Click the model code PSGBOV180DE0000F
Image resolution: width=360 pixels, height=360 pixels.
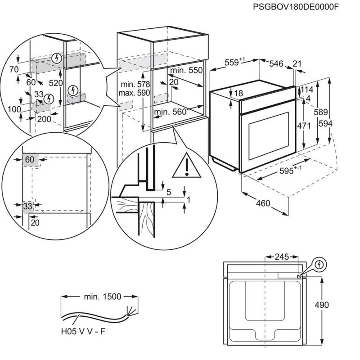click(295, 7)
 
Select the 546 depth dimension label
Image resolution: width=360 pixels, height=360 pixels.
click(276, 64)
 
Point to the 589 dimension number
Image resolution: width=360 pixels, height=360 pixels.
click(321, 112)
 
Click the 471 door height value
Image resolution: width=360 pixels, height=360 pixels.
click(304, 126)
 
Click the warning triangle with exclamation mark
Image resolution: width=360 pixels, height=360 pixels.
click(185, 166)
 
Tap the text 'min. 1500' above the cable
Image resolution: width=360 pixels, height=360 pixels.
click(102, 297)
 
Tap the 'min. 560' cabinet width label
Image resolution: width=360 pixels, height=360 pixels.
click(170, 112)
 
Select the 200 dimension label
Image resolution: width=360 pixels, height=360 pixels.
click(44, 119)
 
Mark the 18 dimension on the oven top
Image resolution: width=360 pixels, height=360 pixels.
click(238, 93)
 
